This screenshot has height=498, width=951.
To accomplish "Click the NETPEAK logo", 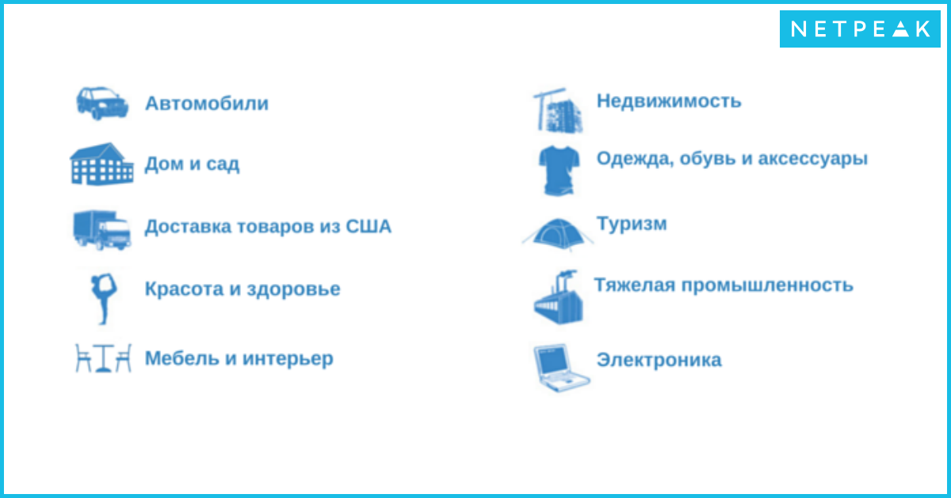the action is pos(860,29).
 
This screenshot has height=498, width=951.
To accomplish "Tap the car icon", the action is pos(102,103).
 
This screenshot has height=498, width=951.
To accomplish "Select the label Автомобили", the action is pos(207,103).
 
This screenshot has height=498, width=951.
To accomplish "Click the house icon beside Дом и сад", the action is pos(101,164).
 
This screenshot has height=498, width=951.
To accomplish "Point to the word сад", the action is pos(223,164).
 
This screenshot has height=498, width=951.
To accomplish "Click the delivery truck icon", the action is pos(102,230).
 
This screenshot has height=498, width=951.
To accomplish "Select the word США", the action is pos(369,226).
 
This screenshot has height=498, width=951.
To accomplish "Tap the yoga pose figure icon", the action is pos(104,299).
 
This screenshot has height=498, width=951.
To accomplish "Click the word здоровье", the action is pos(293,289).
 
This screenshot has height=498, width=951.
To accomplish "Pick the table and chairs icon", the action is pos(103,358).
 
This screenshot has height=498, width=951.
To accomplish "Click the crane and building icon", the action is pos(558,110).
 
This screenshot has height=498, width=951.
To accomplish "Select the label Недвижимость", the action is pos(669,102).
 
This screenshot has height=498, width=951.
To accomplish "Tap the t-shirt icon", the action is pos(560,170).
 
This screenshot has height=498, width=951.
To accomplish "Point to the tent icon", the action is pos(558,234).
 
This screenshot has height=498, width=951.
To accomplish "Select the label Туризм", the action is pos(632,224).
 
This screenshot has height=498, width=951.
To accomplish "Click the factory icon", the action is pos(558,297).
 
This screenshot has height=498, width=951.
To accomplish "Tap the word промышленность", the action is pos(767,285).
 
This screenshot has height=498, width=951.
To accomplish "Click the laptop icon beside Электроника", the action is pos(561,367).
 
